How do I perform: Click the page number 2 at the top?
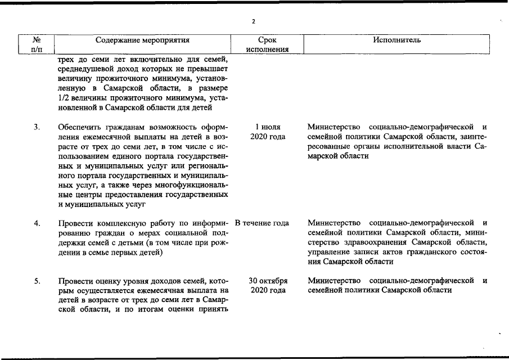(254, 21)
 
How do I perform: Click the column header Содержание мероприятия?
(142, 40)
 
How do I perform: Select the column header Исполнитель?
(397, 40)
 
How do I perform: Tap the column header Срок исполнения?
(267, 44)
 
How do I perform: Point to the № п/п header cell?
(37, 44)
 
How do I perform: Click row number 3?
(37, 127)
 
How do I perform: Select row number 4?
(37, 224)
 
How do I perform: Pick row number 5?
(37, 281)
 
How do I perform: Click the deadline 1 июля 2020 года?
(268, 132)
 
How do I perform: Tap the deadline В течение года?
(262, 223)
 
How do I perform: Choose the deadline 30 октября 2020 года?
(268, 285)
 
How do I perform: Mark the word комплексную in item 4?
(130, 223)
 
